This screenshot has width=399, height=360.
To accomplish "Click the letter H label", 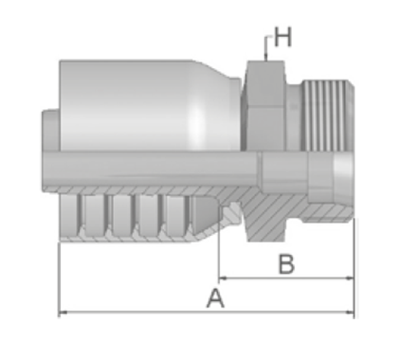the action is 283,37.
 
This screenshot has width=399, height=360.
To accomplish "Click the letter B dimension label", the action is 287,263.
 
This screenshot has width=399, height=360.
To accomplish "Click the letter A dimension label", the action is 215,298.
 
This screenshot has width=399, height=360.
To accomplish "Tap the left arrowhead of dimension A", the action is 63,313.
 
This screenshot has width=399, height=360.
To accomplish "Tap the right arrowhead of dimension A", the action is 350,313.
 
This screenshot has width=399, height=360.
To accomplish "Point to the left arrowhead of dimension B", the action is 223,279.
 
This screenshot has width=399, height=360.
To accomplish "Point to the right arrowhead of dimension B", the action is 350,279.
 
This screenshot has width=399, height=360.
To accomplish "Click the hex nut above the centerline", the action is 264,105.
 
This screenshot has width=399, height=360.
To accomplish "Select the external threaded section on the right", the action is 327,115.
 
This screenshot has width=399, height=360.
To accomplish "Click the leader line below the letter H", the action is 266,47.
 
